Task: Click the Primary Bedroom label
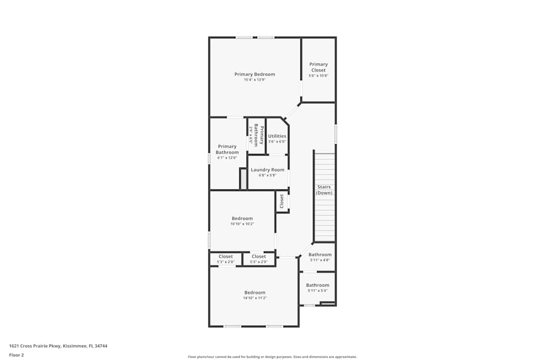pos(255,74)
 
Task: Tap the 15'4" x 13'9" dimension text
pos(255,80)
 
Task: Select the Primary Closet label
pos(318,67)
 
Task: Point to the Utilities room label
pos(277,136)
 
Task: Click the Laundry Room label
pos(268,170)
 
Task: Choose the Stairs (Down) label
pos(324,190)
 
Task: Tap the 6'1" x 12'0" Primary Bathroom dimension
pos(227,158)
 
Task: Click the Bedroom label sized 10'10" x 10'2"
pos(242,218)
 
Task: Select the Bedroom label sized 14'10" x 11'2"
pos(255,293)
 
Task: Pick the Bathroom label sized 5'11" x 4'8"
pos(320,254)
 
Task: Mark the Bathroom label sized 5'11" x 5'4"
pos(317,285)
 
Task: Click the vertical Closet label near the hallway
pos(282,201)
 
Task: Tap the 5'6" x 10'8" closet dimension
pos(318,76)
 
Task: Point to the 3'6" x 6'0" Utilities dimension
pos(277,142)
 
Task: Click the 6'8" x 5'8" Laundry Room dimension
pos(268,175)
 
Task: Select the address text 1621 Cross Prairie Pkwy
pos(58,345)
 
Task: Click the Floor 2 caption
pos(16,355)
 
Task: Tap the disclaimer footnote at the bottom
pos(272,356)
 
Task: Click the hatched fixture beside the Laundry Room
pos(243,178)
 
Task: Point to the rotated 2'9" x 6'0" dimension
pos(251,134)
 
